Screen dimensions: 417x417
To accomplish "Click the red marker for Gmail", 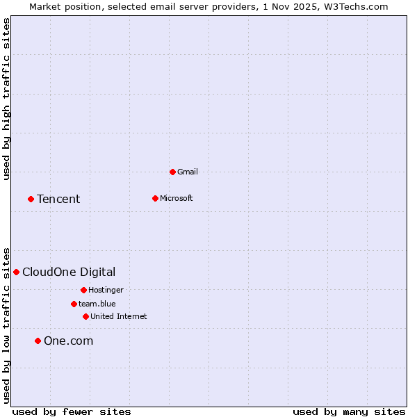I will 172,172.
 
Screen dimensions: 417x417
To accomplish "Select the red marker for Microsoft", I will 155,198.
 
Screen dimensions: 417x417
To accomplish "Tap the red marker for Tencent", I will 31,199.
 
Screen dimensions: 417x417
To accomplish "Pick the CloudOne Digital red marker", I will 16,272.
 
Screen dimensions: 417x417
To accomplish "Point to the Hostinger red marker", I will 83,290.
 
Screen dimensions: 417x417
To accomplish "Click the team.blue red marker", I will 74,304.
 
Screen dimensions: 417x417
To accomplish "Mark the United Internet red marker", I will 85,316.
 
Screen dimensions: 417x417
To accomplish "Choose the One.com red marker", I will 38,341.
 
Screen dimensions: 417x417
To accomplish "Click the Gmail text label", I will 188,172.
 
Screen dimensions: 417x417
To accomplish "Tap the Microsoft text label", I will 177,198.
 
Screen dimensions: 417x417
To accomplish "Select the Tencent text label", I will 58,199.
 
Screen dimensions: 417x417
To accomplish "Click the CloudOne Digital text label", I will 69,272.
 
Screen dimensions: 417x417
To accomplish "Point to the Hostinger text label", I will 106,290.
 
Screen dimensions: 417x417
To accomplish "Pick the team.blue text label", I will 97,304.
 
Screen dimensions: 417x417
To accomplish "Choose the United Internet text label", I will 119,316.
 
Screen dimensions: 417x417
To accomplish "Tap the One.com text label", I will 68,341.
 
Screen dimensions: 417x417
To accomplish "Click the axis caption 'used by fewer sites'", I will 72,411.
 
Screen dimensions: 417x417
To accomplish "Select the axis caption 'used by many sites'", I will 349,411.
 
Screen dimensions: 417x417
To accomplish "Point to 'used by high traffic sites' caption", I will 6,99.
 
